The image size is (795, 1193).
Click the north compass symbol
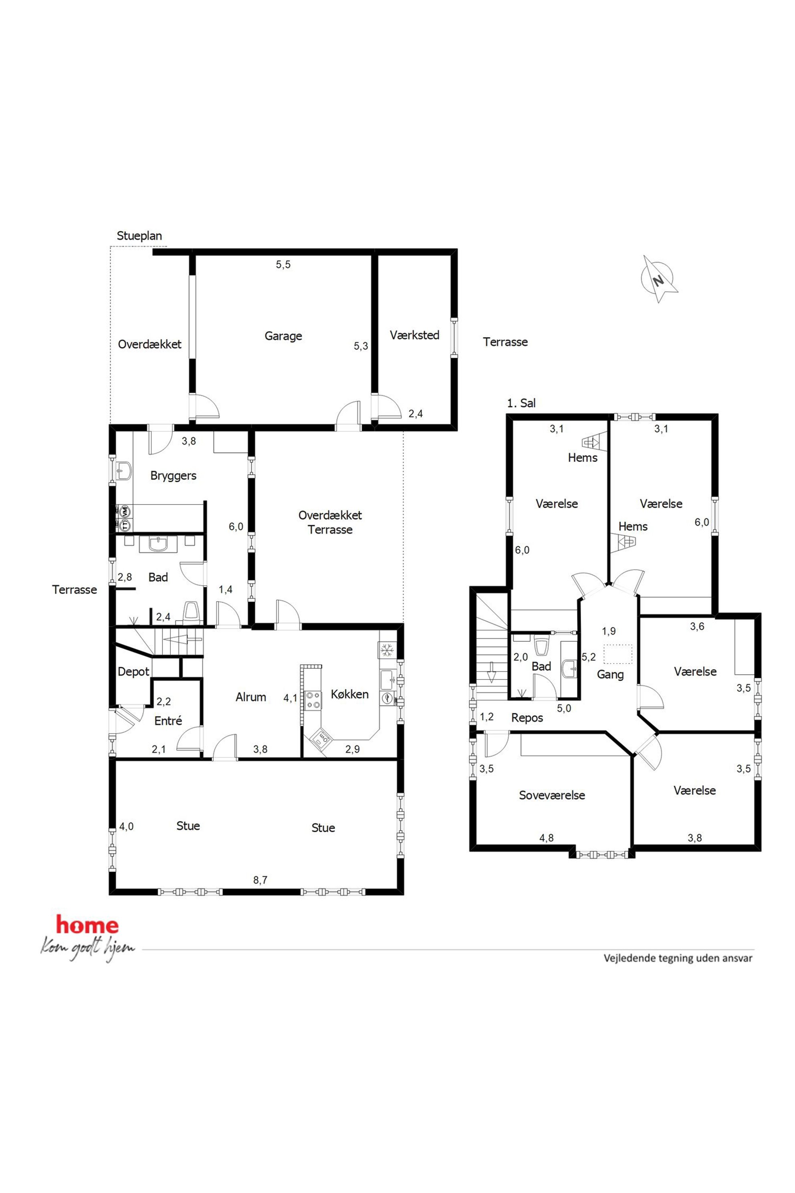659,279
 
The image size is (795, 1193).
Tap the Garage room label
283,336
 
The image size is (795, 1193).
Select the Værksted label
414,335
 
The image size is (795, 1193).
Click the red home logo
87,925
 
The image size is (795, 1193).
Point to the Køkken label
349,694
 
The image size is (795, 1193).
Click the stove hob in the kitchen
313,700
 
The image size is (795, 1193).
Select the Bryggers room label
174,476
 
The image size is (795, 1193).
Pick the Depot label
133,671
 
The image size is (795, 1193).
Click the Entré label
168,720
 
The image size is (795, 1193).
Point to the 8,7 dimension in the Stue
260,880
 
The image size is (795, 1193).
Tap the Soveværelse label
552,795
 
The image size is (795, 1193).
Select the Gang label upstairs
610,675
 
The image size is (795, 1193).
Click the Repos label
527,718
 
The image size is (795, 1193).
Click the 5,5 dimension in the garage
283,264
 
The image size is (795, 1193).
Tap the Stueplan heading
139,235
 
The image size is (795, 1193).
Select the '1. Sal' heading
521,403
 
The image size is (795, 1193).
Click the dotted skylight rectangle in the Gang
617,653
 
